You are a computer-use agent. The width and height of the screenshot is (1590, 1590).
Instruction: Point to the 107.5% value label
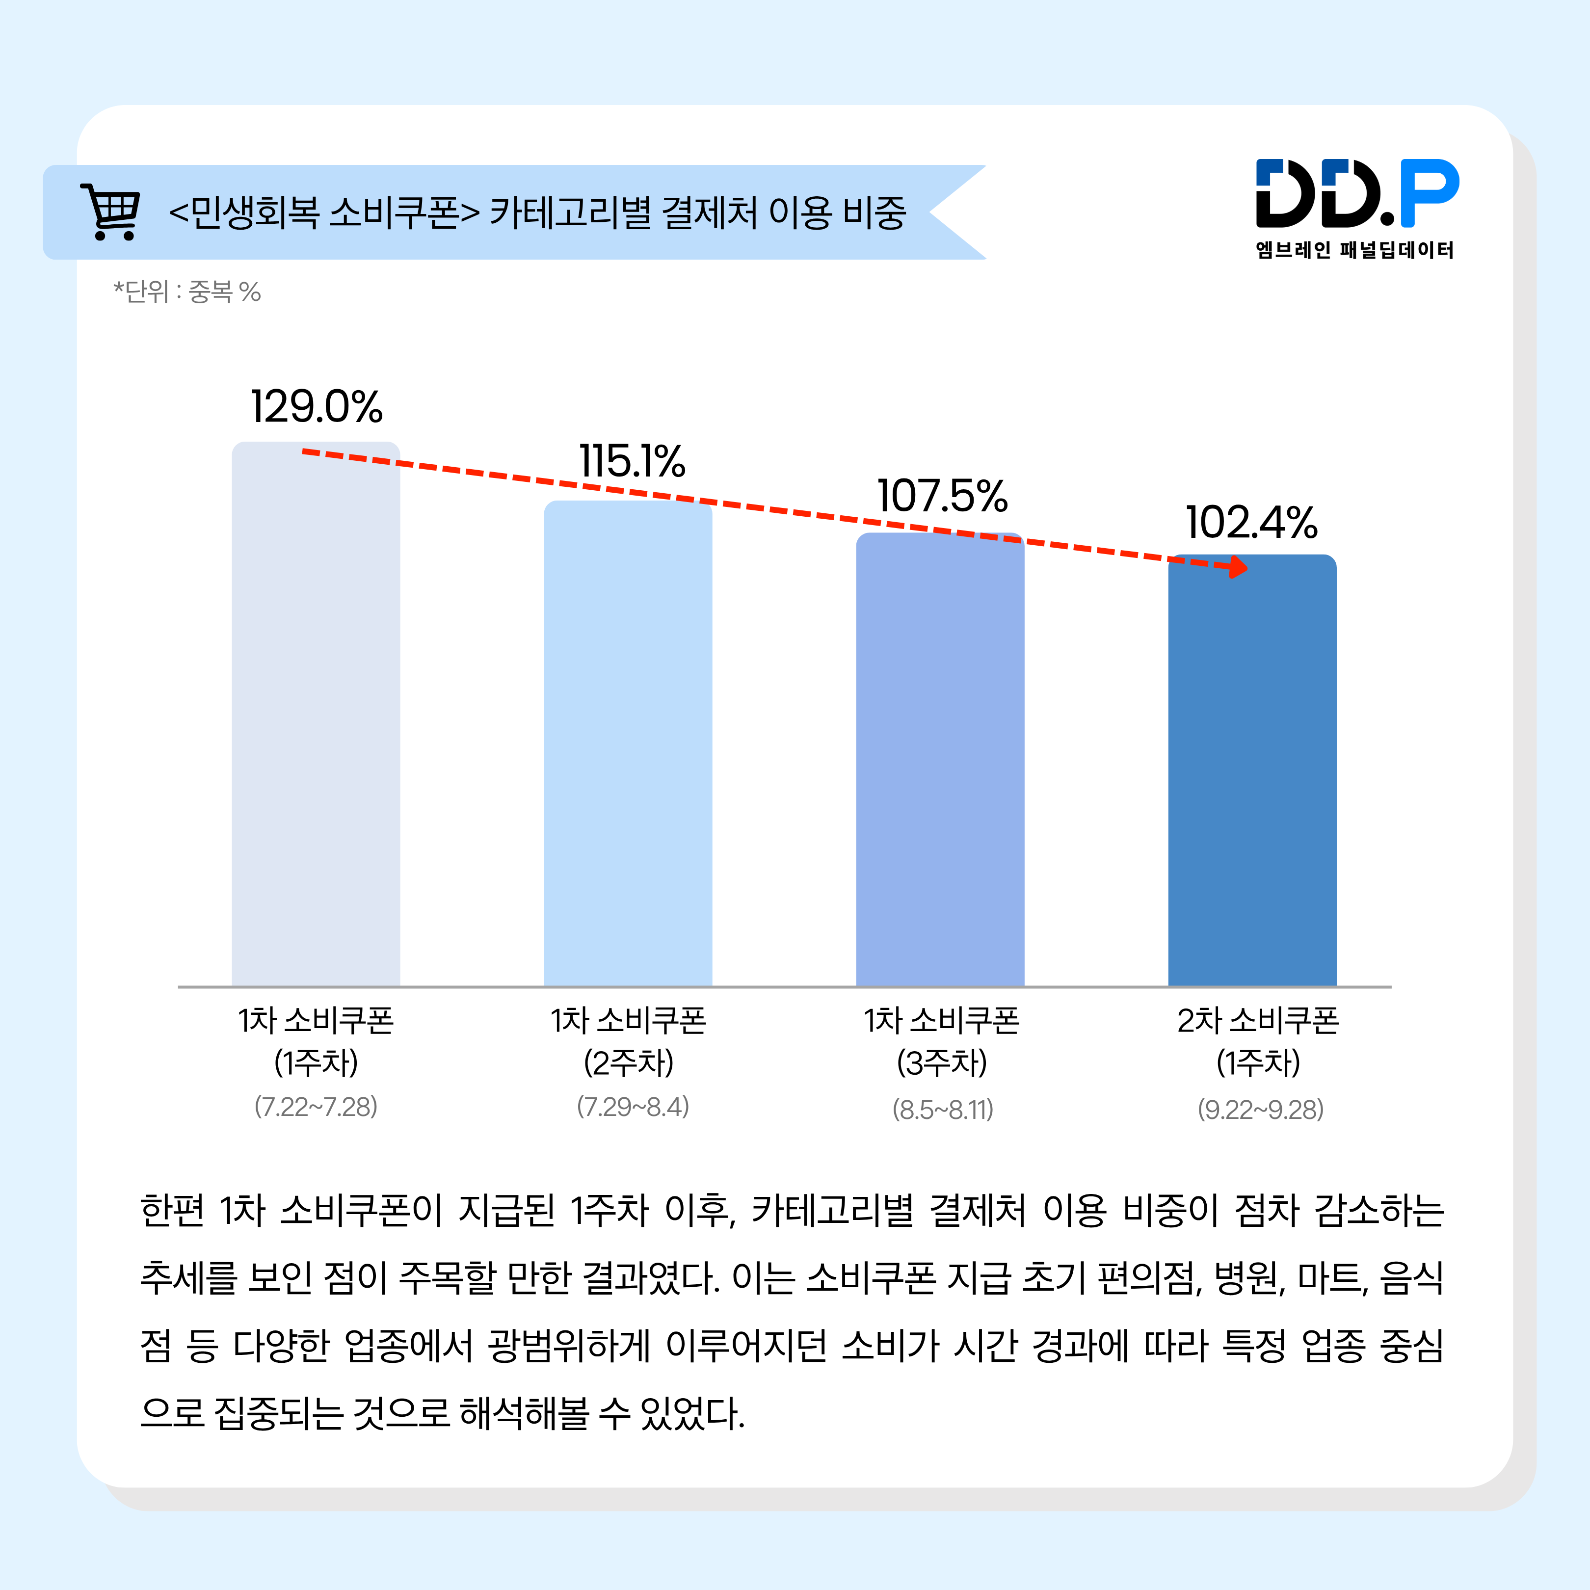click(x=942, y=496)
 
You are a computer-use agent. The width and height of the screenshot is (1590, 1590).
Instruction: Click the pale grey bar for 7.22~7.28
click(x=316, y=724)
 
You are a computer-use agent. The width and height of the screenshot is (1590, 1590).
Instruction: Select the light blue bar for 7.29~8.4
click(x=628, y=749)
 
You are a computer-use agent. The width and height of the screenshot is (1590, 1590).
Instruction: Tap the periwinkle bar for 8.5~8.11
click(x=940, y=766)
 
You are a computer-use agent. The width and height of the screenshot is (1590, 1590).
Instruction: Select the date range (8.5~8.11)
click(x=943, y=1110)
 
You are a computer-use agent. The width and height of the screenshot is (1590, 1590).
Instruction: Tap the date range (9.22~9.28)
click(x=1260, y=1110)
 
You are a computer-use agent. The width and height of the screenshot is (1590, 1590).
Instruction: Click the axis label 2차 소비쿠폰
click(x=1257, y=1021)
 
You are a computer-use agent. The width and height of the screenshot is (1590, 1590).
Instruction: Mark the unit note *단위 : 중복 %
click(x=187, y=291)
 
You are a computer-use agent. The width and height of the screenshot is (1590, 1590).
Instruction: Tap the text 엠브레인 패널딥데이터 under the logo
click(x=1354, y=250)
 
